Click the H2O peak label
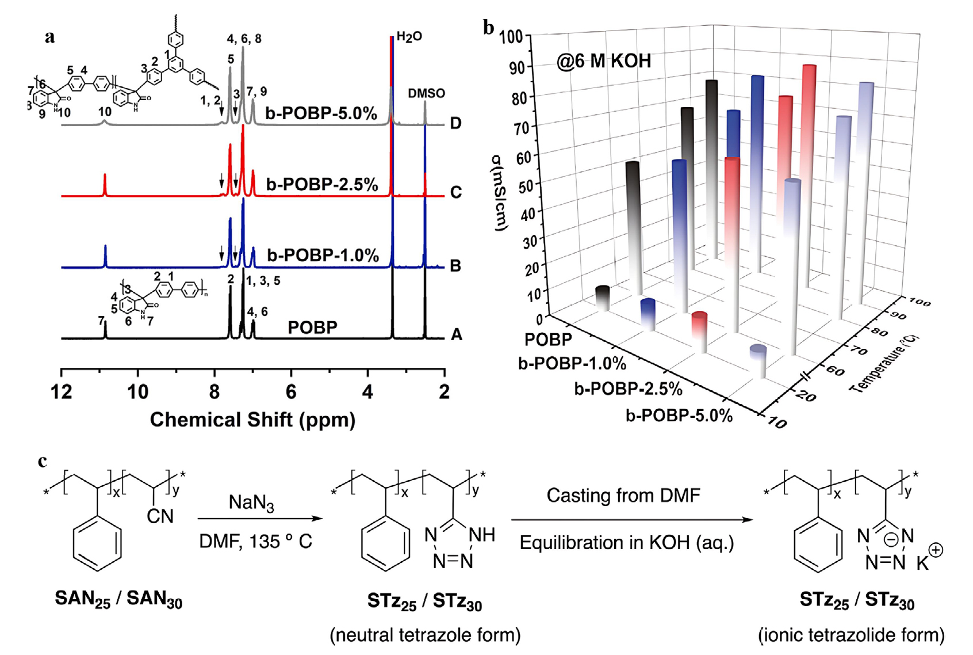409,37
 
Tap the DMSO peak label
426,93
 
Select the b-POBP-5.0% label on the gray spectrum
321,113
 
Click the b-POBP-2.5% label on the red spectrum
322,185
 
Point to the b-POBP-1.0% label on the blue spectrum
323,255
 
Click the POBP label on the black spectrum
312,327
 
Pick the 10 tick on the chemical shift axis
137,392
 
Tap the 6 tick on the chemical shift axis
291,392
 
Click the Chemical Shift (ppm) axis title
252,420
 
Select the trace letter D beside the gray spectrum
455,123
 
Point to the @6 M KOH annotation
603,61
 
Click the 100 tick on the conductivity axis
511,37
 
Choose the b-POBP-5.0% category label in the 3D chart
679,416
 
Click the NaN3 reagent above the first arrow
251,503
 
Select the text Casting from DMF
623,496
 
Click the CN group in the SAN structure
160,516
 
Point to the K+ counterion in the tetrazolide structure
928,558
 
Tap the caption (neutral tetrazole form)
425,635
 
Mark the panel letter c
43,461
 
